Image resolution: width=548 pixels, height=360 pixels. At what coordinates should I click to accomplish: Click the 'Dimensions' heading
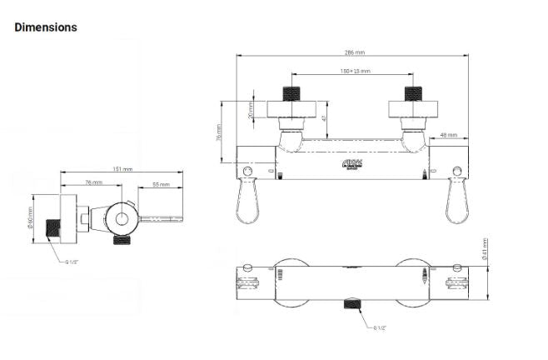click(x=46, y=27)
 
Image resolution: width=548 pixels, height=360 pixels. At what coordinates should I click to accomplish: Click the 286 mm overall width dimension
click(x=352, y=52)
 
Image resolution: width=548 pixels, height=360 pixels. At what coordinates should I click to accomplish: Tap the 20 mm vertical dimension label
click(x=251, y=109)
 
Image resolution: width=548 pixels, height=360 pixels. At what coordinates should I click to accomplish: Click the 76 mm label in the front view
click(x=219, y=132)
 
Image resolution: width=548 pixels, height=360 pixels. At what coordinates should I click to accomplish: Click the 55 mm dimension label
click(x=160, y=184)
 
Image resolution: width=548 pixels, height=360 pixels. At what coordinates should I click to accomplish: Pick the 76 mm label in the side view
click(x=93, y=183)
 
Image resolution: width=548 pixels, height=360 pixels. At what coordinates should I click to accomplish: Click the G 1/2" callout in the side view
click(x=75, y=261)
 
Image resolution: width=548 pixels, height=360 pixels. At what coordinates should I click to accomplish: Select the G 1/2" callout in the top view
click(x=380, y=327)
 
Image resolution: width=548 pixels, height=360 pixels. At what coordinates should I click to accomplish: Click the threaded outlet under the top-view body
click(x=351, y=305)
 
